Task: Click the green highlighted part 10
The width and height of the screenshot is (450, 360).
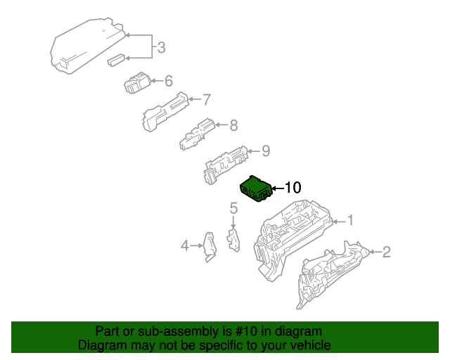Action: [256, 189]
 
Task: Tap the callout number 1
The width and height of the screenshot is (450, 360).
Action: [350, 221]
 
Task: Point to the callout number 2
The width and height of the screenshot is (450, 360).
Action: [386, 252]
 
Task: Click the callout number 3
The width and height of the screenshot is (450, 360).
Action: [161, 48]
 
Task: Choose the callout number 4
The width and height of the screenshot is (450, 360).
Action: [185, 245]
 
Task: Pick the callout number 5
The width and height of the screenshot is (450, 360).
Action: [233, 207]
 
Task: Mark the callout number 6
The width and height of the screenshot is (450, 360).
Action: [169, 81]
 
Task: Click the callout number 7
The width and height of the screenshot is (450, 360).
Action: [207, 99]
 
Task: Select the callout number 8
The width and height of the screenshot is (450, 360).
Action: [233, 126]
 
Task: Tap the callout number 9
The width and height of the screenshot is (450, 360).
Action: [266, 150]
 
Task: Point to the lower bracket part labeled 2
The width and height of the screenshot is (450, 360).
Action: [327, 274]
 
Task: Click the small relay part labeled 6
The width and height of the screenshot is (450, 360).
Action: [136, 83]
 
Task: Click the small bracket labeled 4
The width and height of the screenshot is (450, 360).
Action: [209, 247]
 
